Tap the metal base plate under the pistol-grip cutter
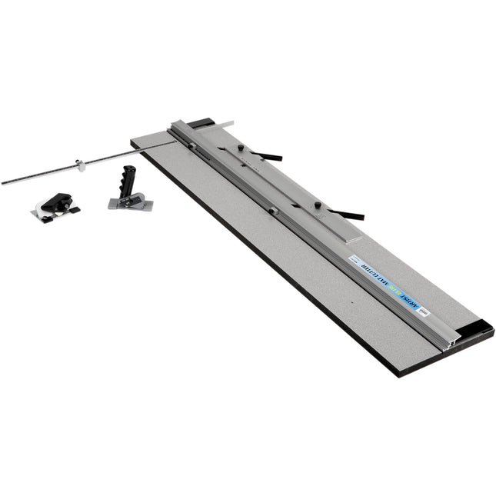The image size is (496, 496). point(131,204)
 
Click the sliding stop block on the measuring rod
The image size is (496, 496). point(79,164)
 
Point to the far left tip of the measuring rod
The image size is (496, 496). point(3,183)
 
